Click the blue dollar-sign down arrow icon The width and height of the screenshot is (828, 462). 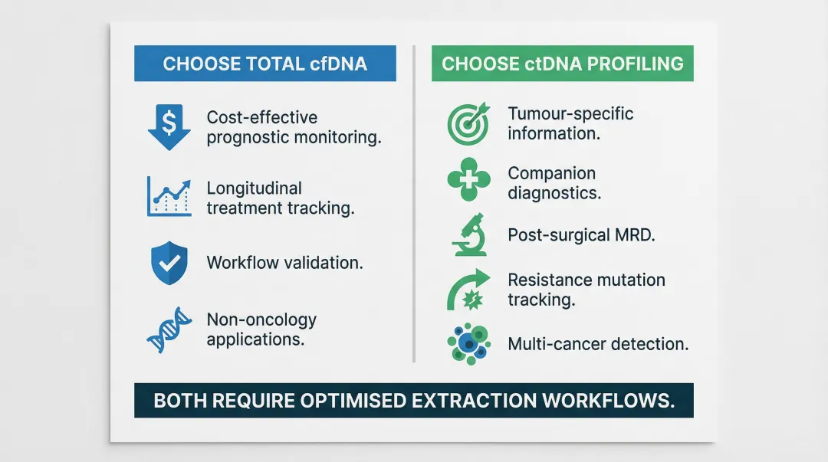click(x=169, y=127)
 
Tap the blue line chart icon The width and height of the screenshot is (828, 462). click(x=169, y=196)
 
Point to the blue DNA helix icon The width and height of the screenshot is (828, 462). click(x=169, y=330)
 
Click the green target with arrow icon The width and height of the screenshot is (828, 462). click(x=468, y=123)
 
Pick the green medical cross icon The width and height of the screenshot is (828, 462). click(x=468, y=181)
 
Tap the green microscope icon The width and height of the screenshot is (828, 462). click(x=468, y=234)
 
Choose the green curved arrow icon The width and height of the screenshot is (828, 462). click(x=468, y=290)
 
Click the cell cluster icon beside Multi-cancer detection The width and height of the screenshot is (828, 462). click(x=468, y=342)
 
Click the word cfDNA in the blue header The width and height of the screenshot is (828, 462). click(x=340, y=64)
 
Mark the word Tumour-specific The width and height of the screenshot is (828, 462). click(x=570, y=114)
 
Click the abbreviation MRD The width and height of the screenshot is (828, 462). click(x=635, y=235)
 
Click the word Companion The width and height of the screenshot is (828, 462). click(x=551, y=173)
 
